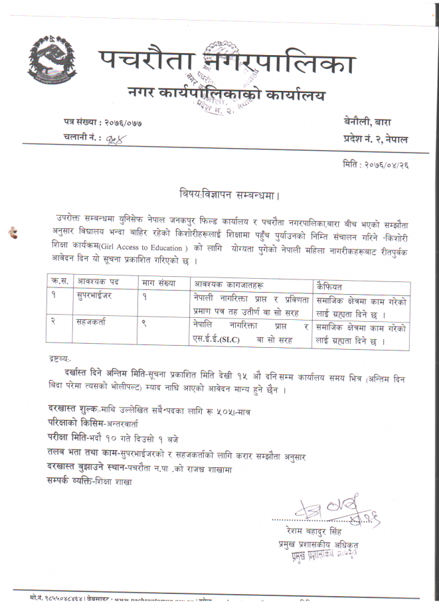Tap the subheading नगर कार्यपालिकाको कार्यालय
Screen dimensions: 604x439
point(226,94)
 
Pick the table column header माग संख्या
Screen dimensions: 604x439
point(157,282)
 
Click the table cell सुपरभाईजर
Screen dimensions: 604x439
point(94,295)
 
